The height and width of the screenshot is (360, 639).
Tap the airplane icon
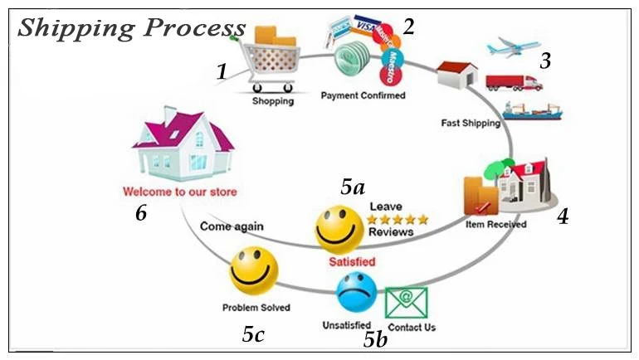click(x=514, y=46)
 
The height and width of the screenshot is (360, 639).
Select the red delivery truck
click(x=514, y=82)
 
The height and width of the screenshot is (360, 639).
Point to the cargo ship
click(x=532, y=110)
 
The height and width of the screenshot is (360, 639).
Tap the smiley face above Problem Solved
click(x=254, y=270)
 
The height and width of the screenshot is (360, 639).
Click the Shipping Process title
click(x=131, y=28)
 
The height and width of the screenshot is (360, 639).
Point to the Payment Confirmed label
click(x=363, y=95)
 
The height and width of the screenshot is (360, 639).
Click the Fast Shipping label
click(x=471, y=124)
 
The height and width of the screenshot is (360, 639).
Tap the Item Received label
click(x=496, y=224)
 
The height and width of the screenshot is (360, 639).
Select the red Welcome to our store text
click(x=179, y=192)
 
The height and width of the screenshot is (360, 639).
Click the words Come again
click(x=232, y=226)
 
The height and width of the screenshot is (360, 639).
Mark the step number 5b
click(x=374, y=339)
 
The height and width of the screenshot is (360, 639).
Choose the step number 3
click(x=545, y=61)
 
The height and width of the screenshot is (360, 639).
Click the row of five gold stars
click(x=398, y=220)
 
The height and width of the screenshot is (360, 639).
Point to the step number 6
click(x=141, y=213)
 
